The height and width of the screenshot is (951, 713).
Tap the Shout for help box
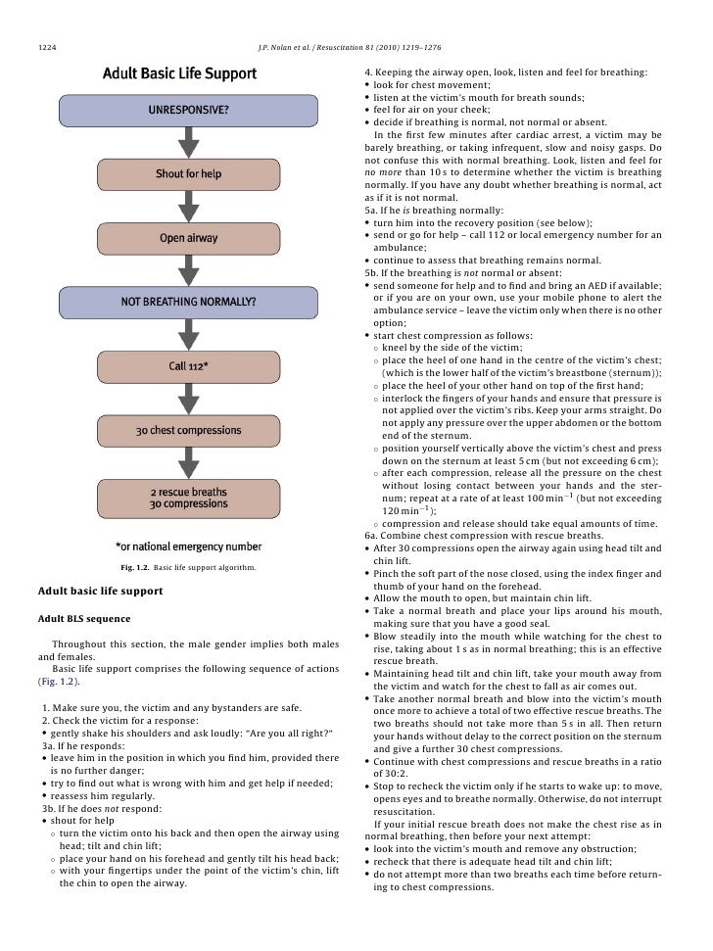click(x=189, y=174)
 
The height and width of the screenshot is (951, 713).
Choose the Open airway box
click(x=189, y=238)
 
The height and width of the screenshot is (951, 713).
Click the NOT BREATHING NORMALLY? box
click(x=189, y=302)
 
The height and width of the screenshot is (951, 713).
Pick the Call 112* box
click(x=189, y=366)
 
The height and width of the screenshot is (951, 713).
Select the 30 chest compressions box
click(x=189, y=431)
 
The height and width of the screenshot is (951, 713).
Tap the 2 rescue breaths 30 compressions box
click(x=189, y=499)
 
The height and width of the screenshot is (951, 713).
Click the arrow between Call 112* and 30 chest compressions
click(x=189, y=399)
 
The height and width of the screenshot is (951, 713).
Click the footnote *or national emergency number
click(x=189, y=547)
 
